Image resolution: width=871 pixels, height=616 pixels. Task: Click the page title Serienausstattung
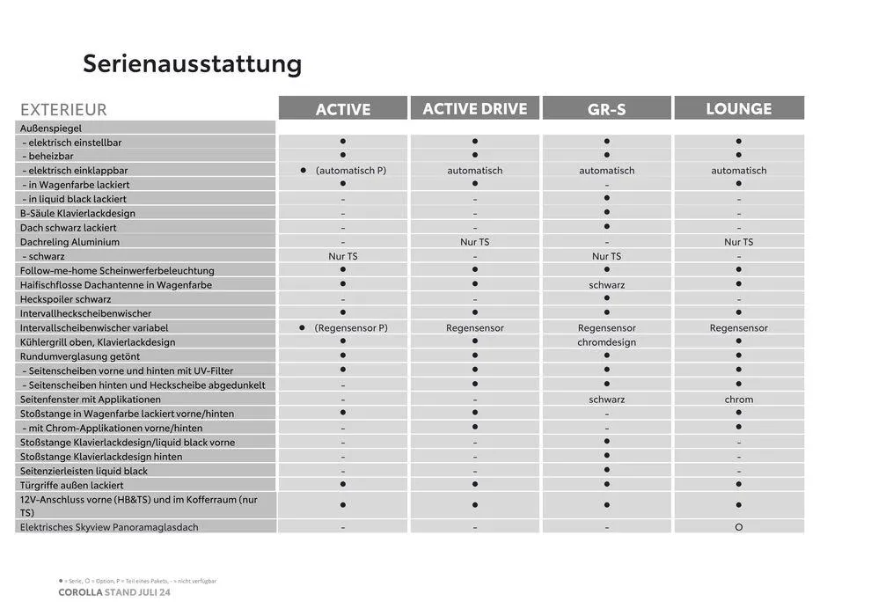[x=192, y=64]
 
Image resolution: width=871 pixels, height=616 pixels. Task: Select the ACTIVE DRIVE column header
[x=474, y=109]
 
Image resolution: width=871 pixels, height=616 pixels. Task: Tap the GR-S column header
[x=607, y=109]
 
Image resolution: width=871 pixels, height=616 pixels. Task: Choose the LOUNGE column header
[x=739, y=109]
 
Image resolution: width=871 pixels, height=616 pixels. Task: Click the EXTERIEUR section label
[x=63, y=110]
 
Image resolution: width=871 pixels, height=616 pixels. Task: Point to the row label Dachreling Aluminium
[x=70, y=242]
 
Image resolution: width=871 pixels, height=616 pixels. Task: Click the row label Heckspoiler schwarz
[x=65, y=299]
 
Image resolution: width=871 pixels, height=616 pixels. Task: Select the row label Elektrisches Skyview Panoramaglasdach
[x=109, y=527]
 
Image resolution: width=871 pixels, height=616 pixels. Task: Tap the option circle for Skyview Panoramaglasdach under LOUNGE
[x=739, y=527]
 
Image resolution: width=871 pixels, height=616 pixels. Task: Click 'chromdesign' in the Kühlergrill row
[x=607, y=342]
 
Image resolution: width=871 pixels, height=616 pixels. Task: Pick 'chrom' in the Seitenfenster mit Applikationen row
[x=739, y=400]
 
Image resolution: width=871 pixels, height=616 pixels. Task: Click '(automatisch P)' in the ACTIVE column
[x=350, y=171]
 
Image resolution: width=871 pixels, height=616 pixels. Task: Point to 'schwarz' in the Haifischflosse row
[x=607, y=285]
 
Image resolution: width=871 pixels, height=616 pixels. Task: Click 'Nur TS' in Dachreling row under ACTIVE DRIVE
[x=475, y=242]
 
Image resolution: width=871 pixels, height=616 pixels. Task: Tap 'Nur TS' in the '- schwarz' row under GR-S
[x=607, y=256]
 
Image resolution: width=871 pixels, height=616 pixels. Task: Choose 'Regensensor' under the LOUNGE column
[x=739, y=328]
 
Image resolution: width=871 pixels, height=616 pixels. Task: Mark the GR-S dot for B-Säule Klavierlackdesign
[x=607, y=212]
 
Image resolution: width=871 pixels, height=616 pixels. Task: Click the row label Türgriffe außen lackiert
[x=71, y=485]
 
